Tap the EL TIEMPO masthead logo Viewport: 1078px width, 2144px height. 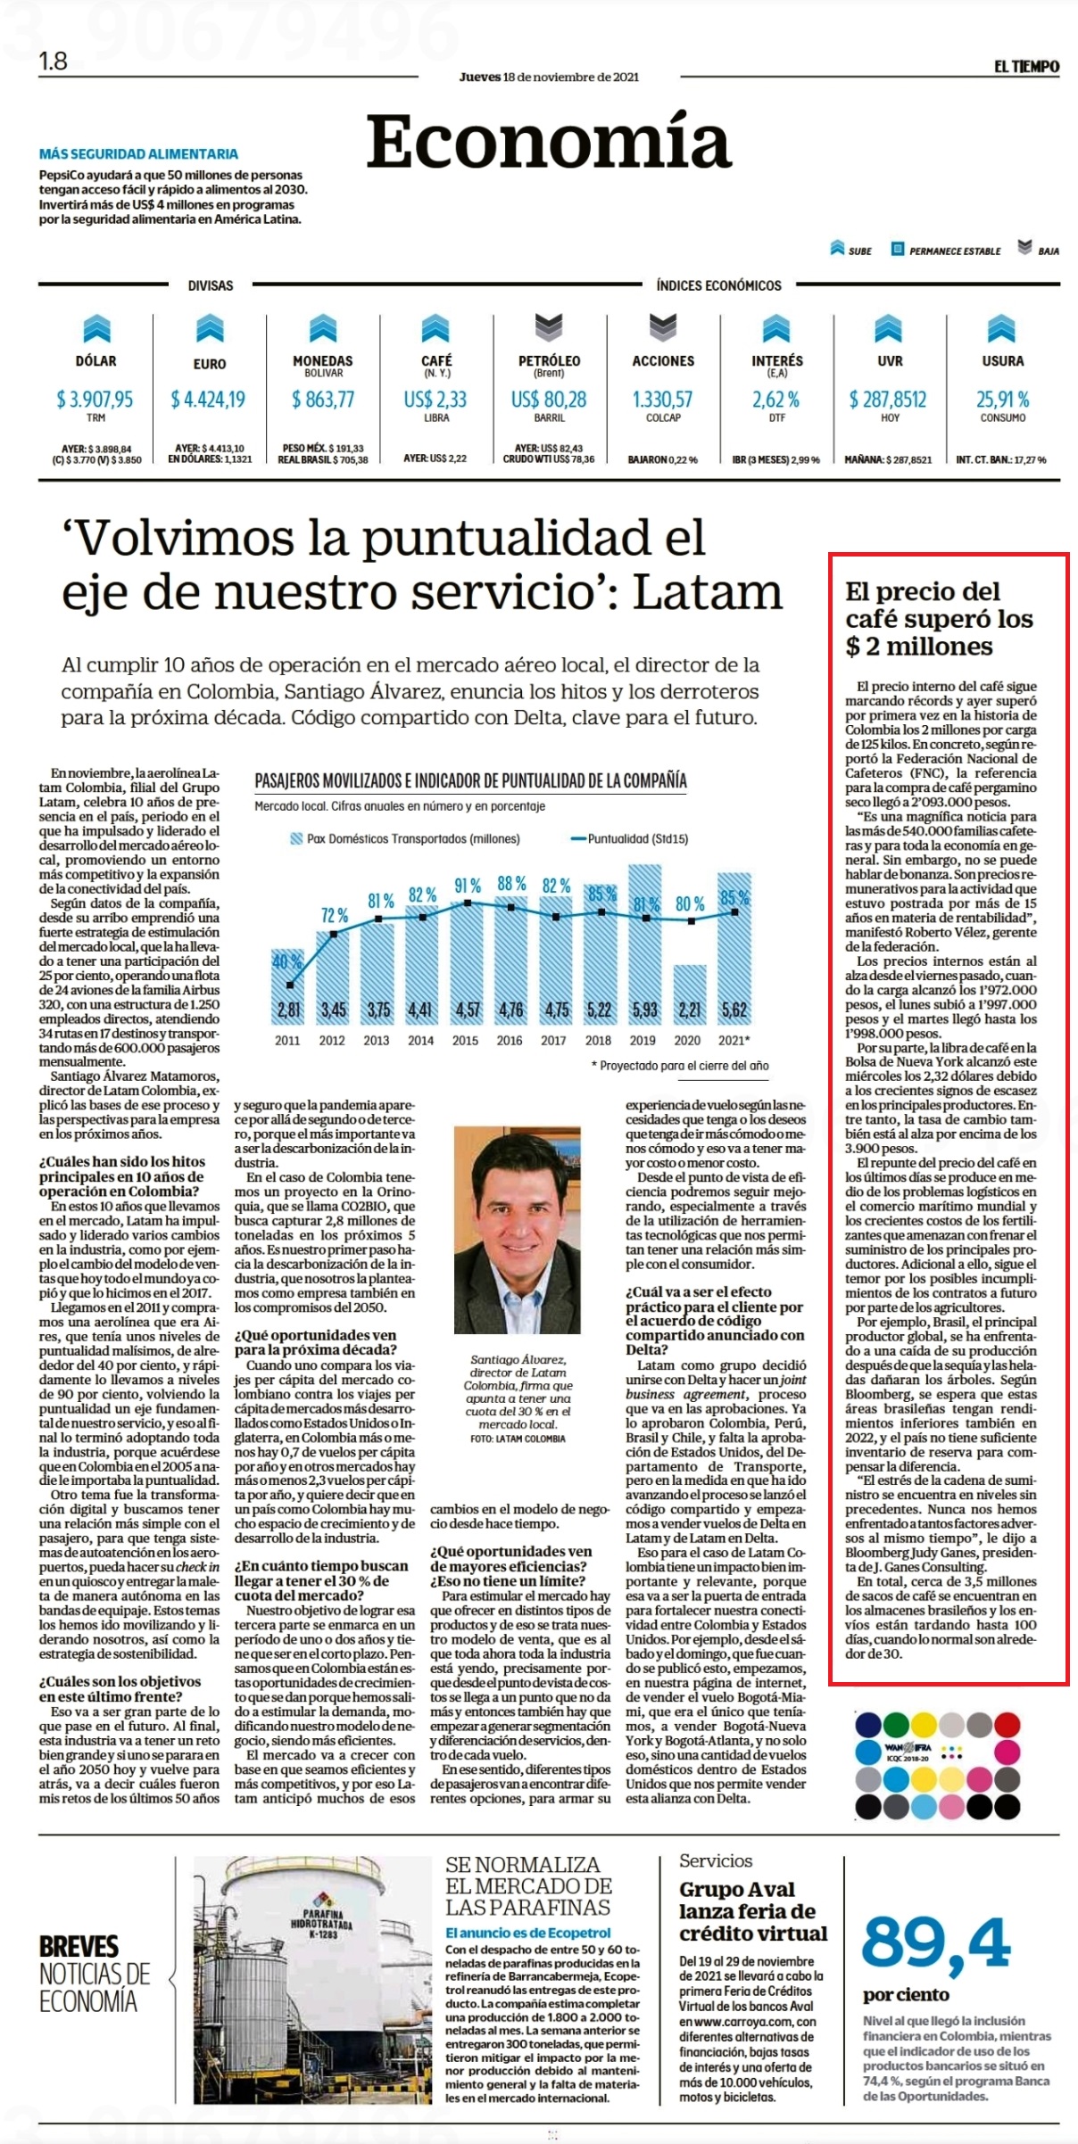[1027, 66]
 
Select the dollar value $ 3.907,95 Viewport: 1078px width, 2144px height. [95, 399]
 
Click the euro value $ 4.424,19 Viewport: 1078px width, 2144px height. [209, 399]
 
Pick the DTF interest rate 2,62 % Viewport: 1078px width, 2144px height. [775, 399]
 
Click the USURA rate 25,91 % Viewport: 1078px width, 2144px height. [1002, 399]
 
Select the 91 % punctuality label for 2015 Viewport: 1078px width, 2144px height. [467, 886]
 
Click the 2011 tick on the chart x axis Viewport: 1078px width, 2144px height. [287, 1040]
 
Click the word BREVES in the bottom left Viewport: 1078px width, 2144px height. [79, 1947]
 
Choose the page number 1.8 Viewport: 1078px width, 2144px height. [54, 61]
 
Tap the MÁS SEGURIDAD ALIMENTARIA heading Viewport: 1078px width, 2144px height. [138, 154]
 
